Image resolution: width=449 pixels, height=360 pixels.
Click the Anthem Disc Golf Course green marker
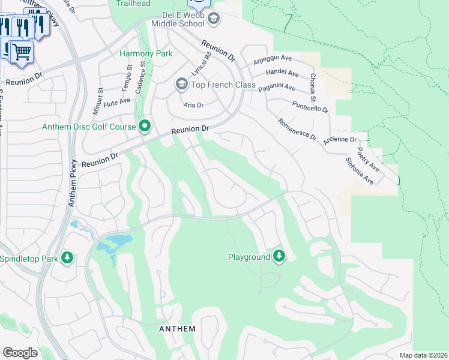[x=145, y=126]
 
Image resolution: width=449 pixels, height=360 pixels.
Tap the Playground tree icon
[x=279, y=256]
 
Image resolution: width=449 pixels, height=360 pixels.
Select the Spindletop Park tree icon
[x=68, y=259]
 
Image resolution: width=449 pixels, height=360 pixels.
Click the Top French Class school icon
[x=181, y=84]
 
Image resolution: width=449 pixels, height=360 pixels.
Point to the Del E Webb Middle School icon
[x=213, y=19]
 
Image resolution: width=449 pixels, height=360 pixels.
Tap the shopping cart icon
[x=21, y=52]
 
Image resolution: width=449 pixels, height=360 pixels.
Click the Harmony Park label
[x=146, y=53]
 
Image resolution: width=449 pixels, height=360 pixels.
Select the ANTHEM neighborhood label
[x=177, y=329]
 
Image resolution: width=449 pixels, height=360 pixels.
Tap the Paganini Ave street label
[x=277, y=88]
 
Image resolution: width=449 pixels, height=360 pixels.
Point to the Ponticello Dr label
[x=310, y=106]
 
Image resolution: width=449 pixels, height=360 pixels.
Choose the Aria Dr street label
[x=193, y=104]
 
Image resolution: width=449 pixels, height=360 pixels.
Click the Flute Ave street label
[x=117, y=103]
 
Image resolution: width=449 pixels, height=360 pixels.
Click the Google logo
[x=20, y=353]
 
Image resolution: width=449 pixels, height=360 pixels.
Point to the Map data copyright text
[x=423, y=355]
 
